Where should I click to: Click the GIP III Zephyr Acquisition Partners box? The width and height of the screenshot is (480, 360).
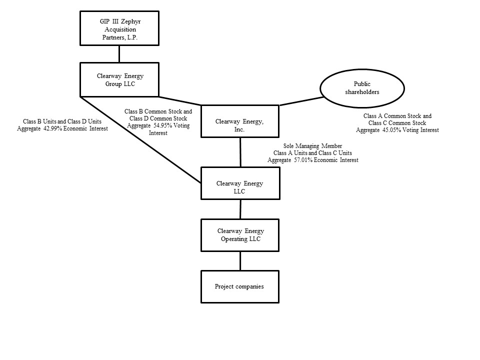click(119, 29)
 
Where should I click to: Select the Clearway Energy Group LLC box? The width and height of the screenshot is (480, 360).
click(119, 79)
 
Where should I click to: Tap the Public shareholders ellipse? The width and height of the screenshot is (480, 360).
click(362, 88)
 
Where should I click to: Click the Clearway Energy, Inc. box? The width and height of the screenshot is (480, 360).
click(239, 121)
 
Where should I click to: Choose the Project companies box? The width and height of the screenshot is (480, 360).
click(239, 286)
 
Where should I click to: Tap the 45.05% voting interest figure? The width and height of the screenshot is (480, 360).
click(393, 130)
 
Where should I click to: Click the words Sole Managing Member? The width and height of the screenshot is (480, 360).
click(309, 146)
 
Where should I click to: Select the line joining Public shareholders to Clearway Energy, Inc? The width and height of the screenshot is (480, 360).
click(300, 101)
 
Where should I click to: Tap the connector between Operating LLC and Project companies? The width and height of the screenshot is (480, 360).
click(240, 261)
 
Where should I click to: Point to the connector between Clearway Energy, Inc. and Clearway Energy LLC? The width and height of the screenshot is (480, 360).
click(240, 152)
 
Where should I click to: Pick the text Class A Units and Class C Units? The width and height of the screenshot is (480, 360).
click(312, 153)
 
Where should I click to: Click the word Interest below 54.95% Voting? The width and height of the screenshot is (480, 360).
click(158, 133)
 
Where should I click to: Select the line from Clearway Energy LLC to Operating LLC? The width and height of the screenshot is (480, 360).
click(240, 209)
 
